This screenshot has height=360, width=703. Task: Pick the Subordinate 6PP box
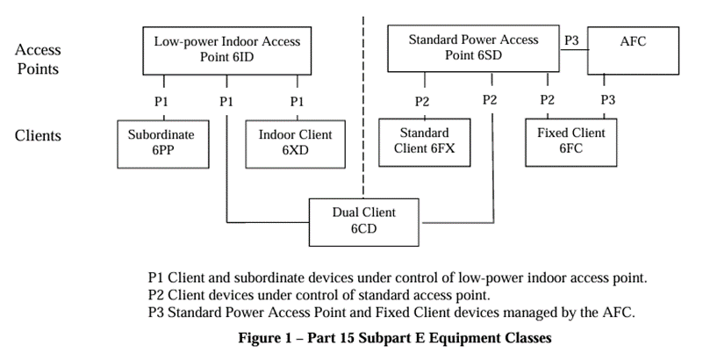(161, 143)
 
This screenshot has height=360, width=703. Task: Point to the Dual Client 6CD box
(364, 220)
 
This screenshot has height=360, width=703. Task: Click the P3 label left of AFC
(572, 40)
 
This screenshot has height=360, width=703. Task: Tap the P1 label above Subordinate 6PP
(161, 101)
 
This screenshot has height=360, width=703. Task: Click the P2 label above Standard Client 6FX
(422, 101)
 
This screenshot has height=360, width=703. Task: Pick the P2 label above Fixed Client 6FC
(548, 100)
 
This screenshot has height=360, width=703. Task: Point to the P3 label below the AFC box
(607, 100)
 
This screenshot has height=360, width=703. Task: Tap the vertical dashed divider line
(362, 105)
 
